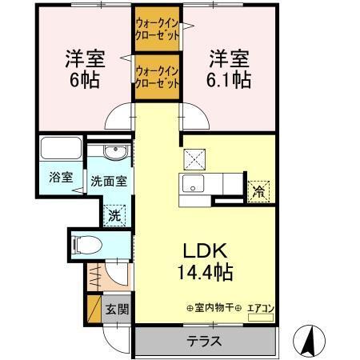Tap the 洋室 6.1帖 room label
(230, 68)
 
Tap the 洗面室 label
(108, 182)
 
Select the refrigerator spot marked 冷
(258, 190)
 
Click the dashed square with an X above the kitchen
(194, 157)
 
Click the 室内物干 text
(214, 306)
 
